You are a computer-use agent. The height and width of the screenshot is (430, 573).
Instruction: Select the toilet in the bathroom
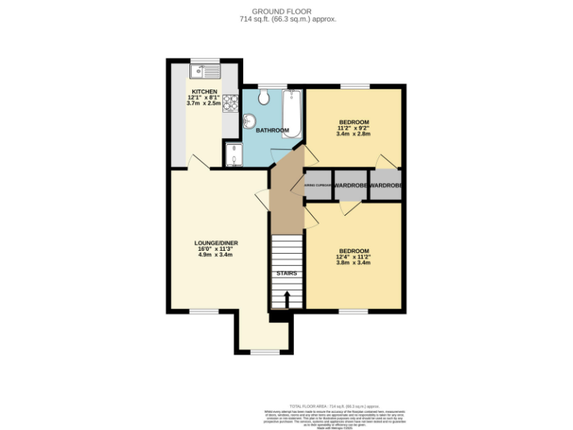(x=263, y=98)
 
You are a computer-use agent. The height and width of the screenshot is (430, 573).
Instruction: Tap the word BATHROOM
(x=272, y=131)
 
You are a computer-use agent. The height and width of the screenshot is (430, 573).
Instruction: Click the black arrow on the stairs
(x=287, y=299)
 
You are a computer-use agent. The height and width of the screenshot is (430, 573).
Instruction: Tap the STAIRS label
(x=286, y=273)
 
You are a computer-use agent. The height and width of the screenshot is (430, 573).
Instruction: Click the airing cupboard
(x=317, y=185)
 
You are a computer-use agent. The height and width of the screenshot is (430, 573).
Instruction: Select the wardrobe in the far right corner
(x=386, y=185)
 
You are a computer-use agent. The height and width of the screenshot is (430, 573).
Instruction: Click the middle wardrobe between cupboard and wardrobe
(x=351, y=185)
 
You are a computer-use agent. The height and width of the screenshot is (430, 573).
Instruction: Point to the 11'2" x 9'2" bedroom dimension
(x=354, y=128)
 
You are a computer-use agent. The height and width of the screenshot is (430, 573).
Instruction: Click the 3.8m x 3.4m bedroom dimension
(x=353, y=263)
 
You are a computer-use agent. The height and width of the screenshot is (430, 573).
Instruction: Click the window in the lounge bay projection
(x=263, y=352)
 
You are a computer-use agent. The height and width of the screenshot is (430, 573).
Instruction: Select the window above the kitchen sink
(x=204, y=60)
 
